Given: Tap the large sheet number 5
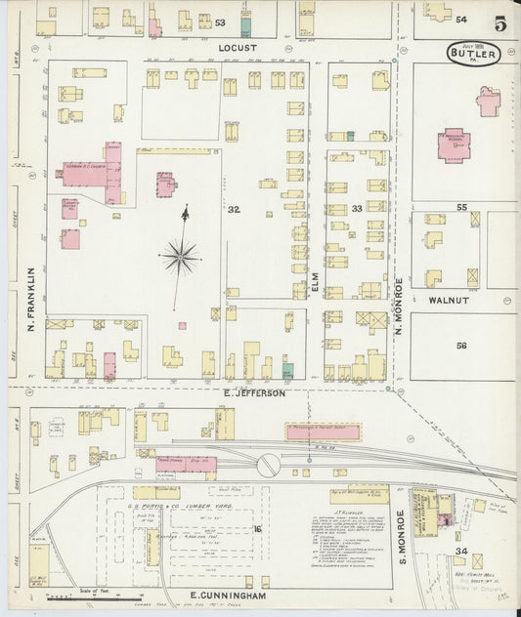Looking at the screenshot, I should pos(500,23).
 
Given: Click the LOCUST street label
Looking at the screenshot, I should pos(237,47).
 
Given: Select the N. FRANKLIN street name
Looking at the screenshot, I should pos(31,298).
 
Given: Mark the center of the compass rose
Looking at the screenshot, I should pos(180,258).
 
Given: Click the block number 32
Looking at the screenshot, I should pos(233,209).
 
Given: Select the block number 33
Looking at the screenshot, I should pos(357,209).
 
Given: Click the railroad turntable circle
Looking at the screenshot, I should pos(266,467).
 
